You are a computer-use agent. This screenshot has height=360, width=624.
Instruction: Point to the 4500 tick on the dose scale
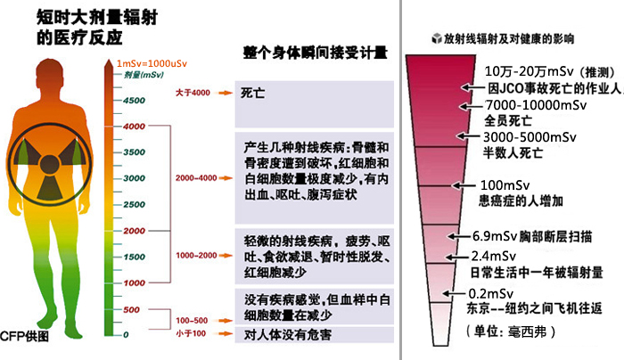coord(133,101)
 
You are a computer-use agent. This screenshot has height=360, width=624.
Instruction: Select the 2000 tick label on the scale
coord(133,231)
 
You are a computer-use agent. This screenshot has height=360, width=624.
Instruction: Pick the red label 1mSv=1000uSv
coord(155,65)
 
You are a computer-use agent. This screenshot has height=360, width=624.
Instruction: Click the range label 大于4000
coord(193,93)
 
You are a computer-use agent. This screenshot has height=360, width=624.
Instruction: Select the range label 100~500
coord(193,319)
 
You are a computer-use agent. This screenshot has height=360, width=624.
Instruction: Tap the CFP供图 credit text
coord(24,338)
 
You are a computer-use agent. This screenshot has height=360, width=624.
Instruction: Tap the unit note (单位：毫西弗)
coord(505,330)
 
